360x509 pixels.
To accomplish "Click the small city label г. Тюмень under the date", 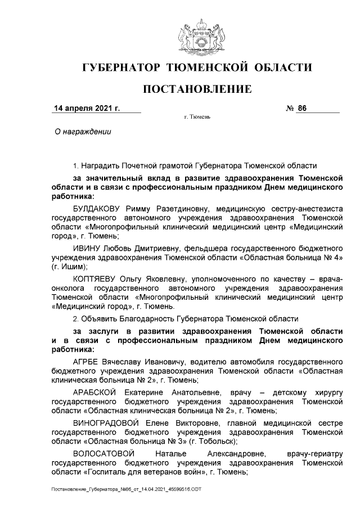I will (x=197, y=118).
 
